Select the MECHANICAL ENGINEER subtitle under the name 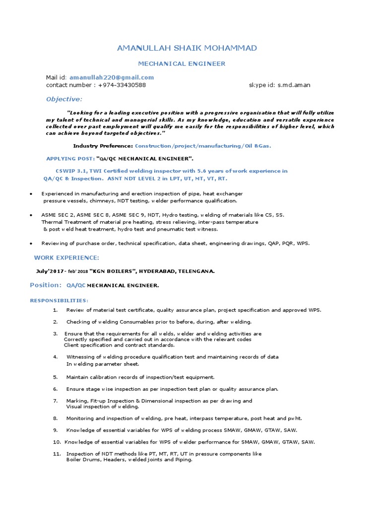tap(181, 64)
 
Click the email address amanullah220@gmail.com tap(112, 78)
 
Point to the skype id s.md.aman tap(294, 85)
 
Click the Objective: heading tap(64, 99)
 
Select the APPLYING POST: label tap(70, 158)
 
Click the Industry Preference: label tap(103, 146)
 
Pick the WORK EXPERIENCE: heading tap(66, 257)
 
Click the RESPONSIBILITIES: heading tap(59, 300)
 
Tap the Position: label tap(46, 285)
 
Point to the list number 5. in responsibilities tap(56, 377)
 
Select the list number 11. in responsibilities tap(57, 454)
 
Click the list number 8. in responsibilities tap(56, 419)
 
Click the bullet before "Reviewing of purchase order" tap(31, 244)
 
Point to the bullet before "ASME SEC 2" tap(31, 215)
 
